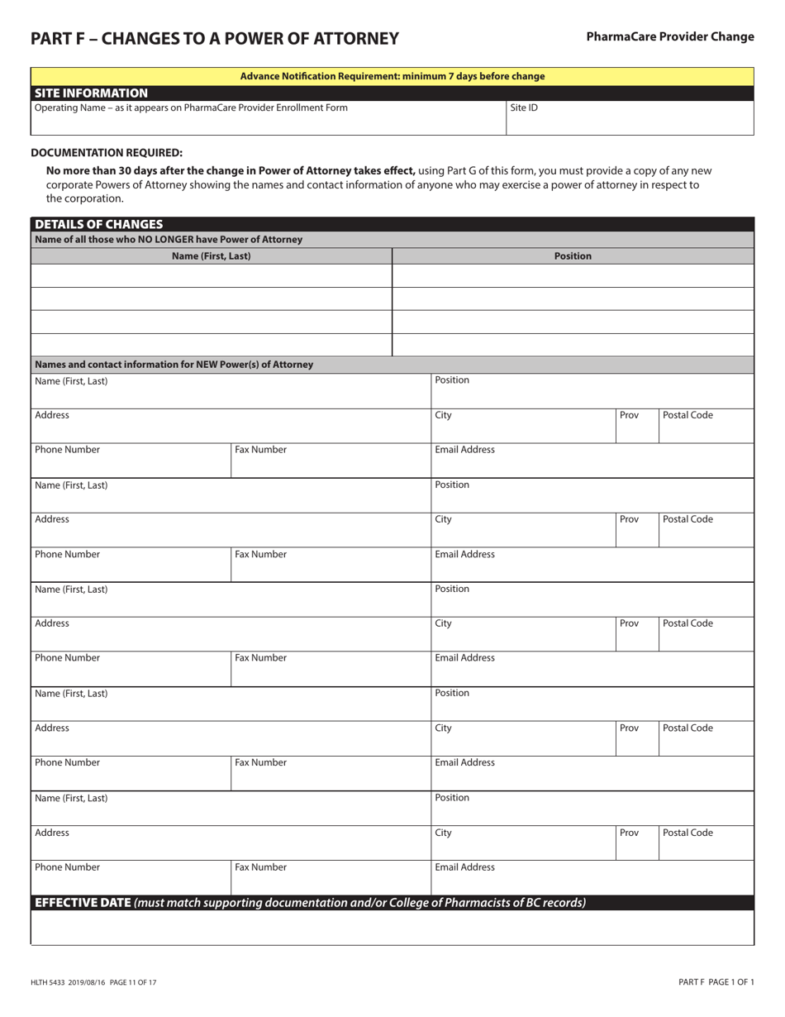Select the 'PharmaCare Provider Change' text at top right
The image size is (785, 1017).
(670, 36)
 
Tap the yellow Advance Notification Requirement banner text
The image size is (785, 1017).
(392, 76)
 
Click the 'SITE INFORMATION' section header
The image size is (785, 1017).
(92, 93)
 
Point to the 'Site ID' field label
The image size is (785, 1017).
(524, 107)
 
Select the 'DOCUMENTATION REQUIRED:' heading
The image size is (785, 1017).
(107, 152)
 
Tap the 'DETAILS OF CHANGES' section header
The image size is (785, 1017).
(99, 224)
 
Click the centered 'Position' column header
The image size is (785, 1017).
(573, 256)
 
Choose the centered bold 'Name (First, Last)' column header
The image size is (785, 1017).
(212, 256)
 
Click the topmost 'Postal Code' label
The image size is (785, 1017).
(687, 415)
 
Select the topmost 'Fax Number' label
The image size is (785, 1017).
(261, 450)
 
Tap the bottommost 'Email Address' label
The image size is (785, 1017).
(465, 867)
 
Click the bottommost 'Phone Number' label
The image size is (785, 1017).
(68, 867)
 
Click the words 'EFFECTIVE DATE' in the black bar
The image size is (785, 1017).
(83, 903)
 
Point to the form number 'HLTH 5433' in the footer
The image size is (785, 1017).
(52, 982)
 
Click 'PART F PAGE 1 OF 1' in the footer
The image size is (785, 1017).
(716, 982)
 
